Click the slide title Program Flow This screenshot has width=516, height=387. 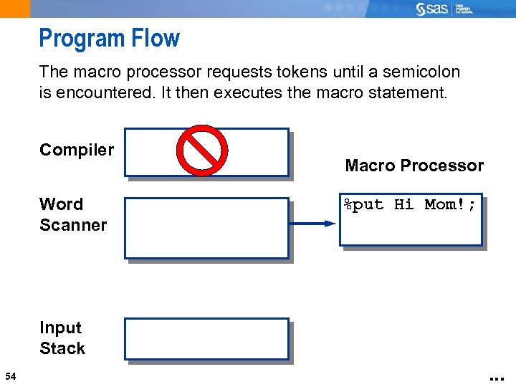pos(109,38)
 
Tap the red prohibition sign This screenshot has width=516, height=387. pos(202,150)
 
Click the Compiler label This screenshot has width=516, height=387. pos(77,150)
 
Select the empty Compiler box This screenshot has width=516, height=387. pos(150,152)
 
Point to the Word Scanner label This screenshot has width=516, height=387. pos(72,214)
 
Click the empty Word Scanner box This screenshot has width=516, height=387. pos(206,228)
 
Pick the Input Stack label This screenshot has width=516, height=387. pos(62,338)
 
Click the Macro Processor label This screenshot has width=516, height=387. pos(414,166)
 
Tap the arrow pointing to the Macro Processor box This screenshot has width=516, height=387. pos(312,224)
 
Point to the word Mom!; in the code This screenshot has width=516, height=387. pos(450,205)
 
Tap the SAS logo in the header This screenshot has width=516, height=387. pos(434,9)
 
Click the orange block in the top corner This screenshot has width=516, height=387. pos(15,9)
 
